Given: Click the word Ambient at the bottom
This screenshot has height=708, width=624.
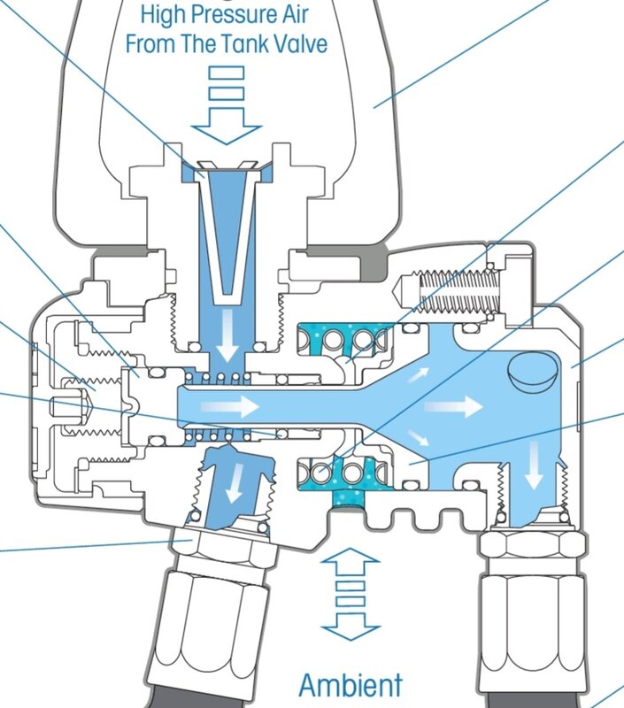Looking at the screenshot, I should pyautogui.click(x=350, y=685).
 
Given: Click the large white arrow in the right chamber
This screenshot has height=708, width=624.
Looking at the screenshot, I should pyautogui.click(x=456, y=406).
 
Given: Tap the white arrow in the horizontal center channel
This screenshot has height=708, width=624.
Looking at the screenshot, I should pyautogui.click(x=230, y=406).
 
